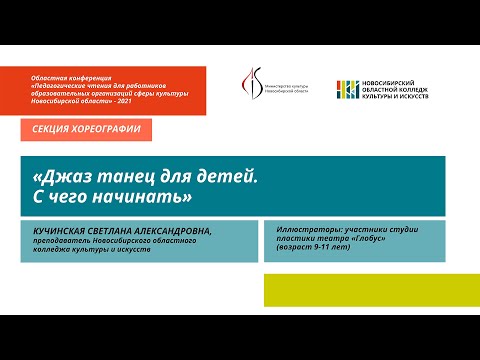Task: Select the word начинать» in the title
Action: coord(145,194)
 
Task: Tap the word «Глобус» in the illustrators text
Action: coord(369,239)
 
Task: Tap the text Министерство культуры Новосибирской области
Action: coord(289,91)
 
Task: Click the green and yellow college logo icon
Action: coord(349,90)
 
